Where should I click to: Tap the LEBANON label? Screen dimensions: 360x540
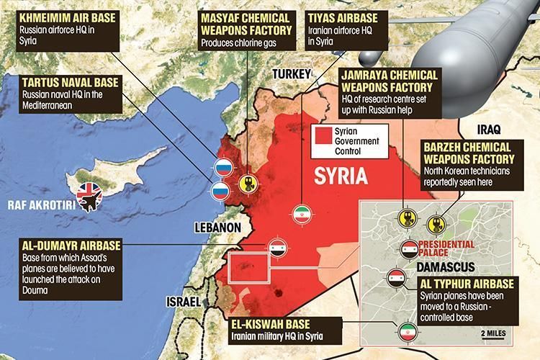(216, 227)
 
